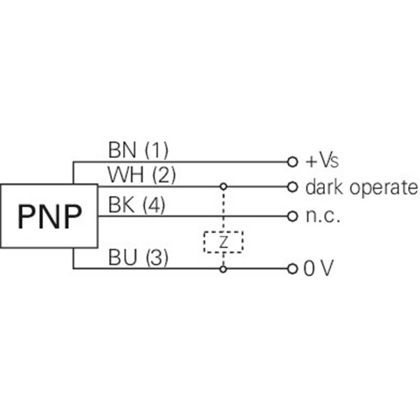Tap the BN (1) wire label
click(x=138, y=150)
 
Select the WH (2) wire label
click(x=142, y=175)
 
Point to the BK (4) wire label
click(x=136, y=205)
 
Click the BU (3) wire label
click(x=138, y=257)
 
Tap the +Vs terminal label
click(x=322, y=161)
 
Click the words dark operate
click(x=362, y=187)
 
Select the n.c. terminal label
click(x=323, y=216)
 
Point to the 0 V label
click(x=319, y=268)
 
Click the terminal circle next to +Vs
click(x=292, y=162)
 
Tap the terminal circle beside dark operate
click(x=292, y=187)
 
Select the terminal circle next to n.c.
click(x=292, y=216)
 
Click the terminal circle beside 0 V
click(x=292, y=269)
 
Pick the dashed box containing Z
click(x=204, y=242)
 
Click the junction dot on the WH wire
click(x=224, y=186)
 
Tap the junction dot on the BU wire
click(x=223, y=269)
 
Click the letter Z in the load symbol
click(x=224, y=242)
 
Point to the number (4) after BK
click(x=154, y=205)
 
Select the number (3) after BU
click(x=157, y=258)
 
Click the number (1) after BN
click(x=156, y=151)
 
